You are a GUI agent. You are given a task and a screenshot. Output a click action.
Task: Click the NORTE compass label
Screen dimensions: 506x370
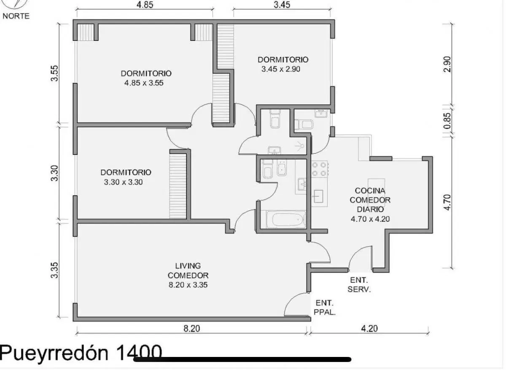pyautogui.click(x=16, y=16)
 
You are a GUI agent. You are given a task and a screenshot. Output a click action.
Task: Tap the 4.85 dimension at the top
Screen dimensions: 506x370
pyautogui.click(x=145, y=5)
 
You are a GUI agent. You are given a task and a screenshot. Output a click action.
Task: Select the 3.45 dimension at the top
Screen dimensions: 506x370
pyautogui.click(x=282, y=5)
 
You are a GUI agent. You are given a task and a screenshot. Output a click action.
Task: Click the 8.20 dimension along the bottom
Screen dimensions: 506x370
pyautogui.click(x=191, y=328)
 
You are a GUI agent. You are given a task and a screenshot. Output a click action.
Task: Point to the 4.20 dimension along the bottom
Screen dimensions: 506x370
pyautogui.click(x=369, y=328)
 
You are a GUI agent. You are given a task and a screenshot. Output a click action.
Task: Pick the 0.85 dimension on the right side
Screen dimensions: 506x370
pyautogui.click(x=447, y=121)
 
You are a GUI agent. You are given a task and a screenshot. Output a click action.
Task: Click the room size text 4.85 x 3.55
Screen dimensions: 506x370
pyautogui.click(x=144, y=83)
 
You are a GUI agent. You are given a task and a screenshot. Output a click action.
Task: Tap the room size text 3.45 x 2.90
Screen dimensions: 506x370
pyautogui.click(x=281, y=69)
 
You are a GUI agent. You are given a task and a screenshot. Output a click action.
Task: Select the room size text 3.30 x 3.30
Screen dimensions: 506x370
pyautogui.click(x=123, y=182)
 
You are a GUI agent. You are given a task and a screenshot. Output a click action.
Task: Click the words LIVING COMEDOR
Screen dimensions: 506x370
pyautogui.click(x=188, y=271)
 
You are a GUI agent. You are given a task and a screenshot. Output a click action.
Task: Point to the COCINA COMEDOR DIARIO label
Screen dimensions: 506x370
pyautogui.click(x=370, y=200)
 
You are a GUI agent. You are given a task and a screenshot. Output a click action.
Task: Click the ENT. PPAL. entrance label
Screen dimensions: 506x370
pyautogui.click(x=325, y=308)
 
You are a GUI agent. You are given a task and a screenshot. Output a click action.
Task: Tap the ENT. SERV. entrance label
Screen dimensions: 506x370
pyautogui.click(x=359, y=285)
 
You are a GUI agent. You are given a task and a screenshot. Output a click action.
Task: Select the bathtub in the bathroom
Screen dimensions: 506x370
pyautogui.click(x=286, y=220)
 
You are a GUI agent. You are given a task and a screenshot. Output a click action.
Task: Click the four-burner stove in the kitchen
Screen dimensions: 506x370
pyautogui.click(x=320, y=169)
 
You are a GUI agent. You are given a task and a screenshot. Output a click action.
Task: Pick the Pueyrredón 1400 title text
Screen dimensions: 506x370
pyautogui.click(x=81, y=353)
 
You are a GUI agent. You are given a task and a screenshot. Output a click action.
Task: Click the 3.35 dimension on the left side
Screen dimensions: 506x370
pyautogui.click(x=54, y=270)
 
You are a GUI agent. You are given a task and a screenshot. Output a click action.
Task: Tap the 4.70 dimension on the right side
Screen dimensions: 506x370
pyautogui.click(x=447, y=202)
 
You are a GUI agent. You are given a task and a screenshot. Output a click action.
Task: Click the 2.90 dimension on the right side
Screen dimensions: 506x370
pyautogui.click(x=447, y=64)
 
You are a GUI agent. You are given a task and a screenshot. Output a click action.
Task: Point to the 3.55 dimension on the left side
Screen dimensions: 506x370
pyautogui.click(x=54, y=73)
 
